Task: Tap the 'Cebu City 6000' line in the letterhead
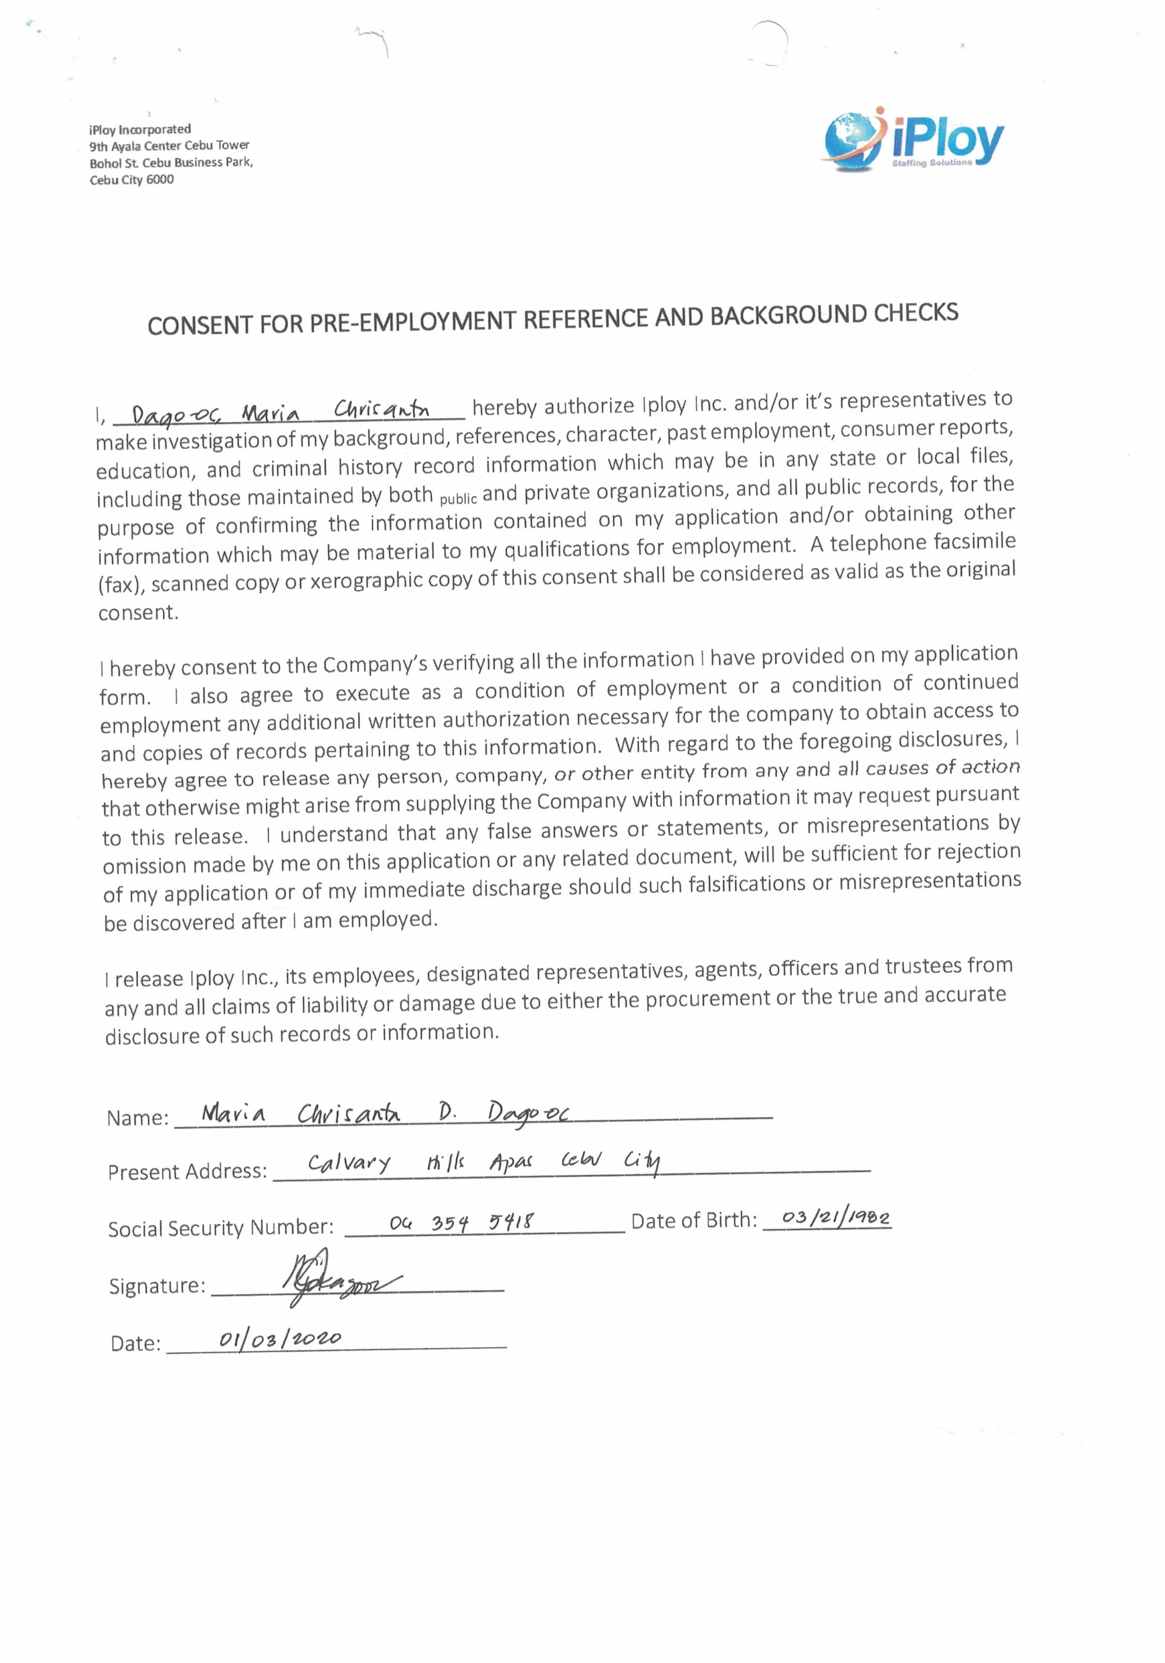tap(131, 180)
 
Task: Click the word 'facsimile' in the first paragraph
tap(974, 542)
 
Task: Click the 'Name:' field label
tap(137, 1118)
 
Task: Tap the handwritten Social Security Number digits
tap(461, 1223)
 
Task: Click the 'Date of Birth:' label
tap(693, 1221)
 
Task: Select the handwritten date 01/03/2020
tap(280, 1338)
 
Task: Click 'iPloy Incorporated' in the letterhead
tap(140, 130)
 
